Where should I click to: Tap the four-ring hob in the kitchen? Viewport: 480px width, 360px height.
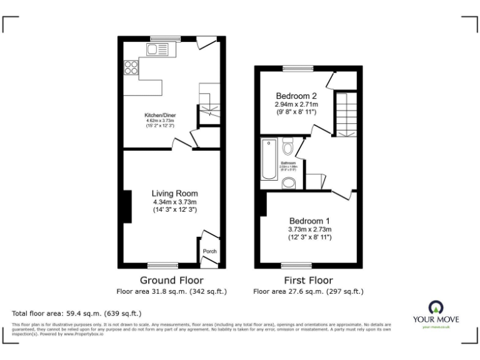click(x=131, y=67)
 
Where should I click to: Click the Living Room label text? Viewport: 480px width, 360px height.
click(x=175, y=193)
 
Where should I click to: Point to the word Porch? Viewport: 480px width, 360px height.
click(x=209, y=252)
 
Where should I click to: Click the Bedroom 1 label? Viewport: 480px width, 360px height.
click(x=309, y=221)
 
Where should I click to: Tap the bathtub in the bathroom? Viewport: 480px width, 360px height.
click(x=268, y=159)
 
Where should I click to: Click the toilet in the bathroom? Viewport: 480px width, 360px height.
click(x=288, y=147)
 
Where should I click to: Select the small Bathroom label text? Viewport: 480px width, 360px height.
click(x=288, y=164)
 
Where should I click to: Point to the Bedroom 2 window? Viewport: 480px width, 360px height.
click(x=296, y=67)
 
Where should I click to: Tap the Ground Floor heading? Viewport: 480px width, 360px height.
click(x=171, y=280)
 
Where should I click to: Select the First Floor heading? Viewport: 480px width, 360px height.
click(x=307, y=280)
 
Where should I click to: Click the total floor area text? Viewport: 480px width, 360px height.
click(x=77, y=312)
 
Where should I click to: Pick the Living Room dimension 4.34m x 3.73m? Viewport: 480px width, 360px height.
click(x=175, y=202)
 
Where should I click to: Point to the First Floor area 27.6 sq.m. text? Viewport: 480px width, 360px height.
click(x=307, y=291)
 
